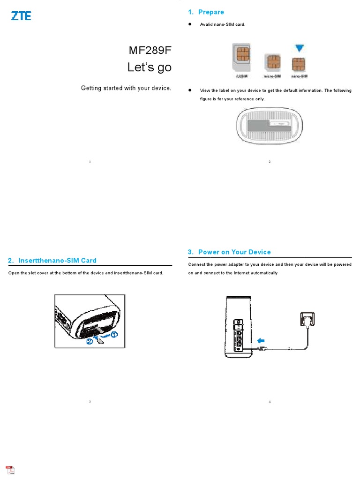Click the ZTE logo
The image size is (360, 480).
[21, 16]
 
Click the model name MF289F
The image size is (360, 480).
[150, 50]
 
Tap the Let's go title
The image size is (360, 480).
[150, 67]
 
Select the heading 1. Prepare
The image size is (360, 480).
[206, 12]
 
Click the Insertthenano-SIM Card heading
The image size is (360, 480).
[52, 261]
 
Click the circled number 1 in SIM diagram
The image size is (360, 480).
[115, 334]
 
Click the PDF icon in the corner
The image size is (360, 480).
[10, 470]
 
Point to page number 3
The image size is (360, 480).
[90, 402]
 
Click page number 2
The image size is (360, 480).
[270, 162]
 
